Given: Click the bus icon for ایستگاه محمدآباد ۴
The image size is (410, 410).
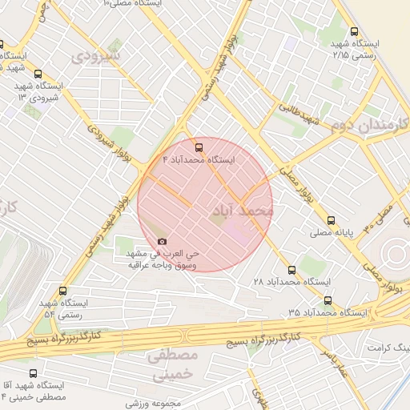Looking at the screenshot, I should tap(199, 147).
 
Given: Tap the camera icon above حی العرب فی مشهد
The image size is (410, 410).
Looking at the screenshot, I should tap(163, 241).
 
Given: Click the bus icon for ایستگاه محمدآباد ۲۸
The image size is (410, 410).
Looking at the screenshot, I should tap(291, 270).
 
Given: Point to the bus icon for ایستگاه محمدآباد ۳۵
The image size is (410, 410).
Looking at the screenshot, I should tap(328, 300).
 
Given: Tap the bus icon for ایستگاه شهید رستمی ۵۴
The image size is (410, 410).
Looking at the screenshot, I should tap(63, 291).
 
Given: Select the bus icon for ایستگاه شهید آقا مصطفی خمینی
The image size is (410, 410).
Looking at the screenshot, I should tap(33, 373).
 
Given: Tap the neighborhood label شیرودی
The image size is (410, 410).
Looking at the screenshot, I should tap(95, 56).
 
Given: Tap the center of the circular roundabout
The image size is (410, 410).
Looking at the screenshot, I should tap(398, 255).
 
